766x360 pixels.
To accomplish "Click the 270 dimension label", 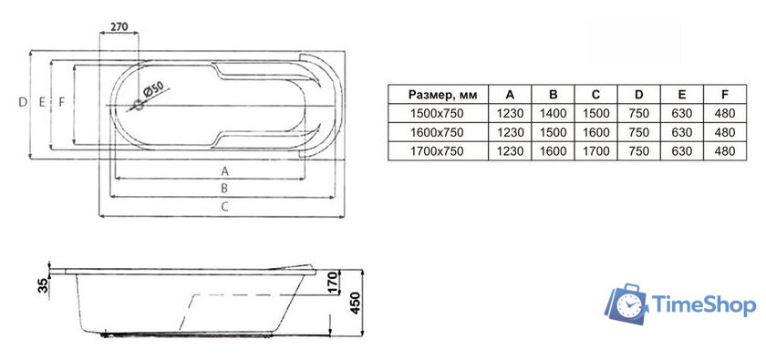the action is [x=119, y=26].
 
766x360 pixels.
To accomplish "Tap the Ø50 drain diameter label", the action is [x=152, y=88].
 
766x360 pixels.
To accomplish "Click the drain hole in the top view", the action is [x=139, y=104].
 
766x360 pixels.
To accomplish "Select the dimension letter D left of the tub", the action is [x=23, y=102].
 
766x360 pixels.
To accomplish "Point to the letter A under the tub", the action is [x=224, y=171].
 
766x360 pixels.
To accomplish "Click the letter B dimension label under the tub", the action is [x=224, y=188].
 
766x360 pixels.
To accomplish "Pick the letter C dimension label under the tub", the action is [x=224, y=207].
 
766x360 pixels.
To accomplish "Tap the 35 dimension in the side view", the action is [x=44, y=285].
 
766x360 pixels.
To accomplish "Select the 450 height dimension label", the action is [x=355, y=303].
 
